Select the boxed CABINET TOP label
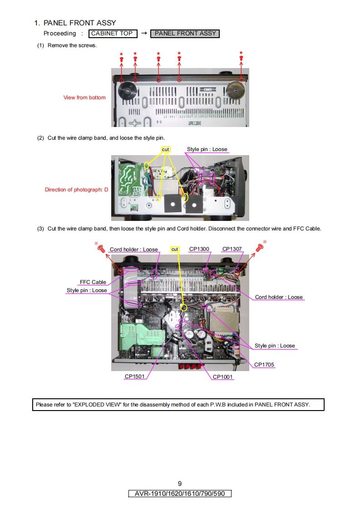click(112, 34)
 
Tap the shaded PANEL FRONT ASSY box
click(185, 34)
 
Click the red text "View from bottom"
click(84, 98)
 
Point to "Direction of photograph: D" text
click(76, 190)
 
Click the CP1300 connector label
click(199, 249)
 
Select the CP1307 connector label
click(232, 249)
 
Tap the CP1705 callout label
click(264, 365)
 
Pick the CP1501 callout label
click(135, 377)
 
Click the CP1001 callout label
click(223, 377)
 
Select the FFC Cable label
click(93, 282)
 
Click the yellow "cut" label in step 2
click(166, 149)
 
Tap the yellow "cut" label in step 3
click(175, 249)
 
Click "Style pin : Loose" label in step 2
click(207, 149)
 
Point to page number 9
click(180, 484)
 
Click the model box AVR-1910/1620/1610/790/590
click(180, 494)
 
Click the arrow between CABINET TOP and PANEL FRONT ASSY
click(143, 34)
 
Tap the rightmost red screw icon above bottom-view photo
click(241, 58)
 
